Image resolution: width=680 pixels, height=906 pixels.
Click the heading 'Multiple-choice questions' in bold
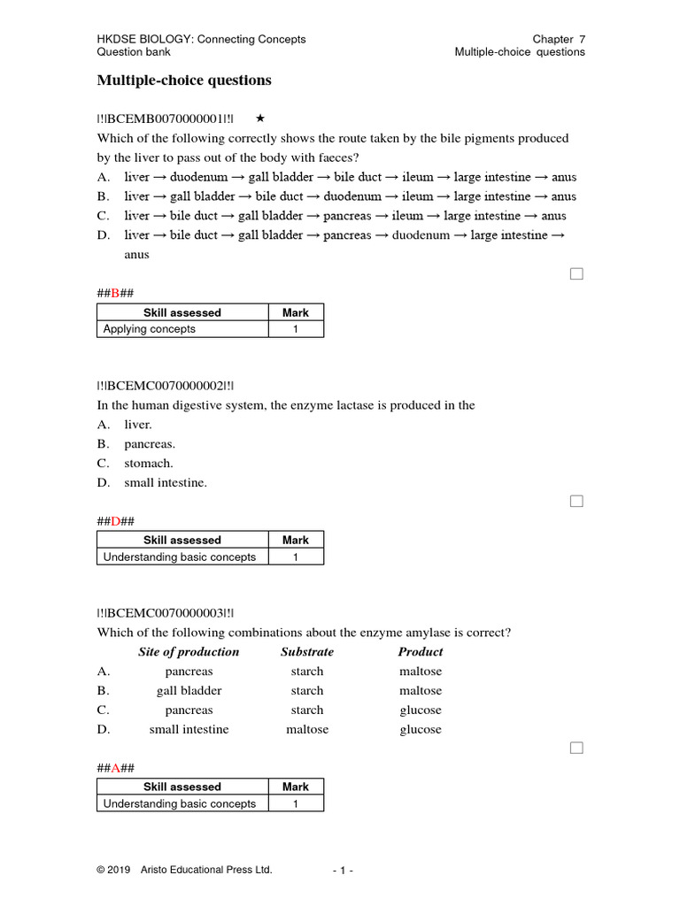183,81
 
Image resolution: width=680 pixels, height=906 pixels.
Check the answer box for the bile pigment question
576,274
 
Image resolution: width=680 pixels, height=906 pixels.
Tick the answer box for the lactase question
576,502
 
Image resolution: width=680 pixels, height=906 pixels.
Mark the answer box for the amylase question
576,748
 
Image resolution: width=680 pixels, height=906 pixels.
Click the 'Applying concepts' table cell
150,329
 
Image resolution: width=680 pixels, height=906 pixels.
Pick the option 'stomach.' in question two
149,464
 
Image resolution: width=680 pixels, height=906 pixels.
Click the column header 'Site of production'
189,652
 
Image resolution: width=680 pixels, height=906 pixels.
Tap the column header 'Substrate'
307,652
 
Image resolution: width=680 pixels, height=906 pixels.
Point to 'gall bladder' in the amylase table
189,691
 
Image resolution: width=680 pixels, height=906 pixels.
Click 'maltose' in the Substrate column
307,730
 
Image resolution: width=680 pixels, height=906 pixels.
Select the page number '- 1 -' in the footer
343,871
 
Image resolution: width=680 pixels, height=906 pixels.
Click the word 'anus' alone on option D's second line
136,255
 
